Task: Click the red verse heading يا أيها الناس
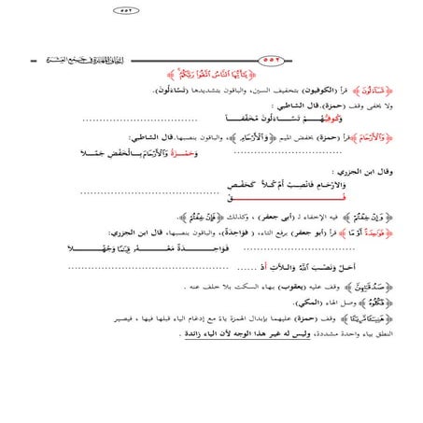[212, 73]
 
